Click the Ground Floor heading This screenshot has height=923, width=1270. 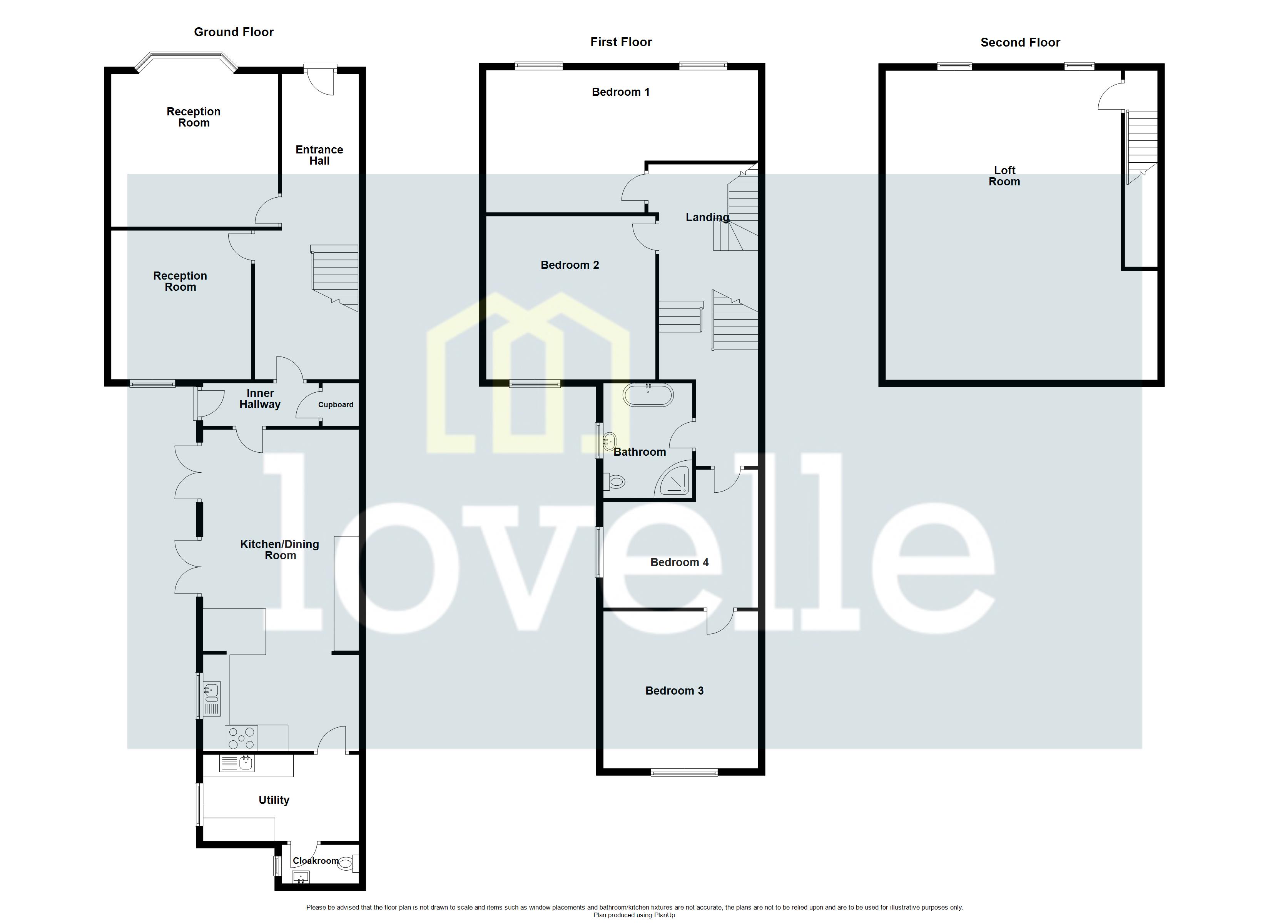pos(234,32)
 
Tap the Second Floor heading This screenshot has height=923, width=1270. pos(1020,43)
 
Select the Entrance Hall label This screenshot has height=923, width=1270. pos(319,155)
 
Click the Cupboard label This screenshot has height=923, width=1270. pos(336,405)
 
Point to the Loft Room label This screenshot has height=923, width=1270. pos(1004,176)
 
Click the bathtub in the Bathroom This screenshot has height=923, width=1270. pos(648,395)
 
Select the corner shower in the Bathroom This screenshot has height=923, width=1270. pos(675,481)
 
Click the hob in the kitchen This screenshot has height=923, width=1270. pos(241,738)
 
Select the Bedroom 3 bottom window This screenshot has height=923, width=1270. pos(684,773)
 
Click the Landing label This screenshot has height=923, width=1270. pos(707,217)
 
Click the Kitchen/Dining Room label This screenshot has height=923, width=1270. pos(279,550)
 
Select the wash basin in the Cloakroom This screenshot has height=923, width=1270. pos(301,878)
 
